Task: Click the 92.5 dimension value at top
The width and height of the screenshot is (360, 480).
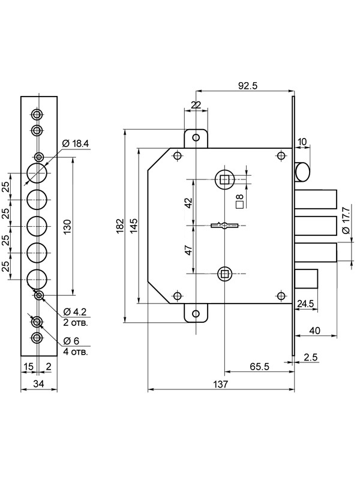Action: (248, 86)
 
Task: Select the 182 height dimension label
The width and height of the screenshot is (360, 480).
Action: (121, 226)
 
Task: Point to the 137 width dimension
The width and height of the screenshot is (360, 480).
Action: (221, 384)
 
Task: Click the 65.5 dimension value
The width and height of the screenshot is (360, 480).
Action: (259, 367)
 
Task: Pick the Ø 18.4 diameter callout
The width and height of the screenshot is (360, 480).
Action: (76, 143)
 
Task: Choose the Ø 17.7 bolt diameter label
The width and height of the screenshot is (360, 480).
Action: (346, 220)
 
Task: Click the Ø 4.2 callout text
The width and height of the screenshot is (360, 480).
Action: (74, 312)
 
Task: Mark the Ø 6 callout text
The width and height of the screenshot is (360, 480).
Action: (71, 341)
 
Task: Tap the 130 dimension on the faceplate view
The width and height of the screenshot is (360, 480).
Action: (67, 227)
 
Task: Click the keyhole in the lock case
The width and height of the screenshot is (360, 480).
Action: (224, 226)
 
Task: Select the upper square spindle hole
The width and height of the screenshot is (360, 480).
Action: (225, 179)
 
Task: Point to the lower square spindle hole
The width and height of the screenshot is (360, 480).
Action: (225, 274)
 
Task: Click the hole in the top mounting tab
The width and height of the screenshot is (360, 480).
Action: (196, 137)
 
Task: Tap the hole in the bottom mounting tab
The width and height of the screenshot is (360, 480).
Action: (196, 314)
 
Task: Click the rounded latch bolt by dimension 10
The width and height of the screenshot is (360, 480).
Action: (302, 172)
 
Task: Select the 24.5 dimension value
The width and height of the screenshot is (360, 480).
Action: (305, 304)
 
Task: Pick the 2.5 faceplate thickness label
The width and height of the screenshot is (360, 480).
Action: (311, 357)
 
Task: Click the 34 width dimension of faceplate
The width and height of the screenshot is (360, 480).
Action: (38, 384)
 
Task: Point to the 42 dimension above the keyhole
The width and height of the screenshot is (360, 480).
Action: (188, 203)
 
